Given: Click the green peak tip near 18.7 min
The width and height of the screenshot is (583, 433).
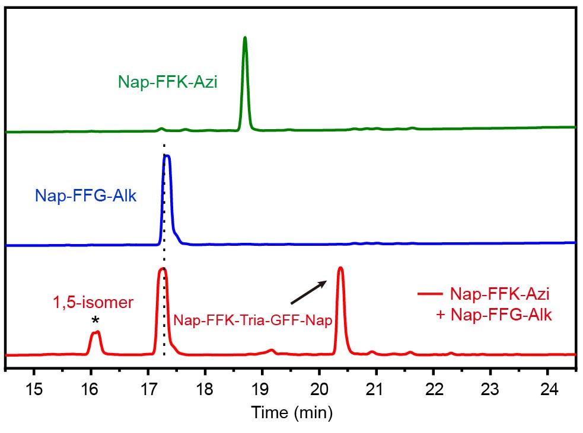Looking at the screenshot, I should [x=244, y=38].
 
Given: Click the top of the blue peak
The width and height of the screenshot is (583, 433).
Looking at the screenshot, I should [x=167, y=156].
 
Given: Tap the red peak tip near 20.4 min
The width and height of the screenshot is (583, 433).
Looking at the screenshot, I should [x=340, y=268].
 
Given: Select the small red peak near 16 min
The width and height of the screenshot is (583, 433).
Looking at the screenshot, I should [x=95, y=333].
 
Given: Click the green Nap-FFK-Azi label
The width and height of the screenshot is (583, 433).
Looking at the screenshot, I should [x=168, y=82].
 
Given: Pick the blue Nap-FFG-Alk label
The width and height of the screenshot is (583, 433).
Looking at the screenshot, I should [x=86, y=195].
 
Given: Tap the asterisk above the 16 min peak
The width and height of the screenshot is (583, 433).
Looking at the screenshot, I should [x=95, y=321].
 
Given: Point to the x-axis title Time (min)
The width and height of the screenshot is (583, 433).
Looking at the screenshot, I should [x=291, y=411].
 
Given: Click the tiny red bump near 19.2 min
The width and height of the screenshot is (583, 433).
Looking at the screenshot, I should [x=272, y=351].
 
